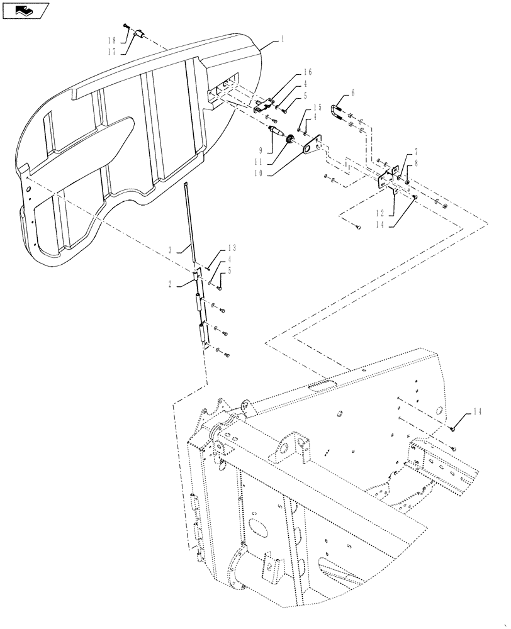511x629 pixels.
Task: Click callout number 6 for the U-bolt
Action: coord(352,92)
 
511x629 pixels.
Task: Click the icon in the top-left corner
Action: coord(24,10)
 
